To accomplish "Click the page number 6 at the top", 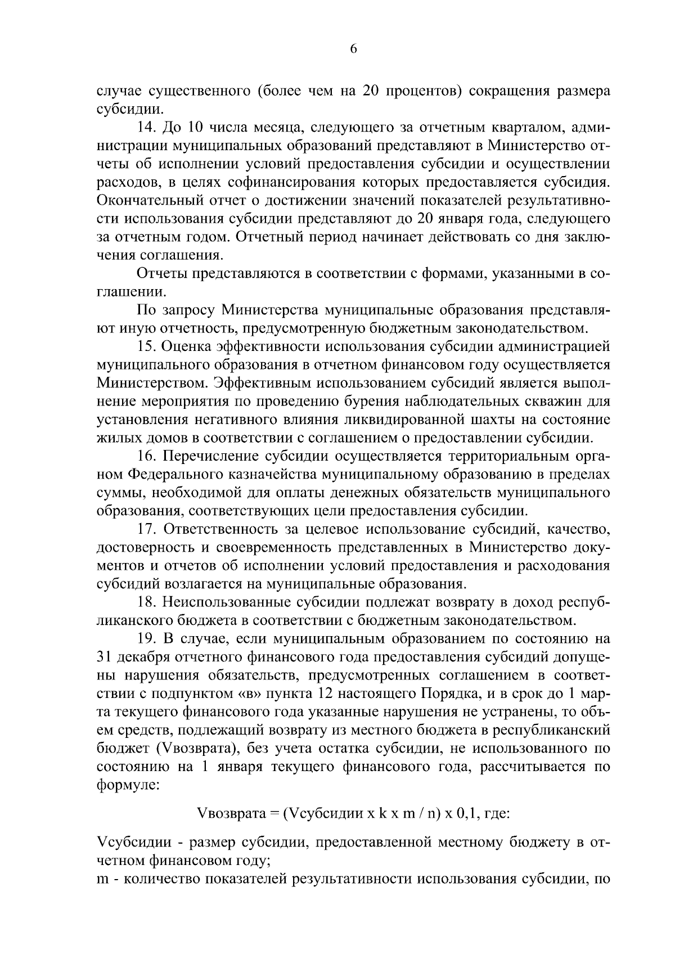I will [353, 49].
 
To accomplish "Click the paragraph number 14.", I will [146, 128].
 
